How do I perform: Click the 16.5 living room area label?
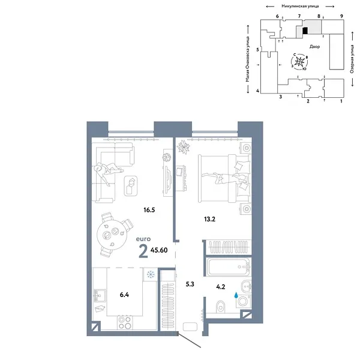click(x=149, y=211)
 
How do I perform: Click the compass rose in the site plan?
click(x=300, y=62)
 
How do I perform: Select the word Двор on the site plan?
click(x=316, y=47)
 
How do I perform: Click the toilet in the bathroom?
click(x=242, y=304)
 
